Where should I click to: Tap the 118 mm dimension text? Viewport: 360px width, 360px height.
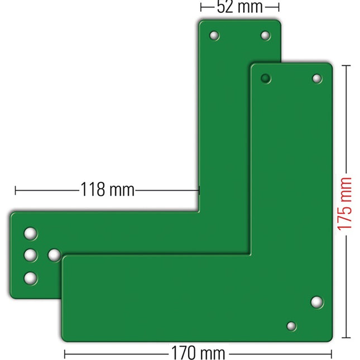[x=108, y=190]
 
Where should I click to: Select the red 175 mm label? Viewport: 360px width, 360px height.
[x=345, y=204]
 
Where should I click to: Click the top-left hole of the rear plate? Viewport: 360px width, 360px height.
[x=214, y=36]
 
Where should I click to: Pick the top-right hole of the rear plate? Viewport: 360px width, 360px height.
[x=265, y=36]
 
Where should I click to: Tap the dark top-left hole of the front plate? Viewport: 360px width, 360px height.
[x=266, y=78]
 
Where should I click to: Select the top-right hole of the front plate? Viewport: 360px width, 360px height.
[x=317, y=78]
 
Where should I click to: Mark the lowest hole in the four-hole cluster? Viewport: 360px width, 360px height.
[x=31, y=277]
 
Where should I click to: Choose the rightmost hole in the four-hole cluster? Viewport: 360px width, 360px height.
[x=54, y=255]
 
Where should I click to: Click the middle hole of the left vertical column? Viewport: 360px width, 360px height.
[x=31, y=255]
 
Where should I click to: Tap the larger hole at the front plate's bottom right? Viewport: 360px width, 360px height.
[x=316, y=302]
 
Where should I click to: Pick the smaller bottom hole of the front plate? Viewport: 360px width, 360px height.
[x=291, y=326]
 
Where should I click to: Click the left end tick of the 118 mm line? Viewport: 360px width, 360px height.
[x=16, y=190]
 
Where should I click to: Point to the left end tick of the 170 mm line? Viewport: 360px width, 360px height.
[x=65, y=353]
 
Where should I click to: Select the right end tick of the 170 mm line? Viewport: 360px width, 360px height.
[x=332, y=353]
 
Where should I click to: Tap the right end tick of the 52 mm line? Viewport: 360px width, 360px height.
[x=279, y=7]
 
